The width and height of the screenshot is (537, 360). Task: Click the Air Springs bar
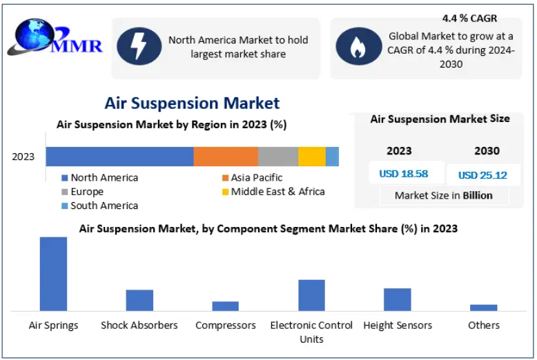pyautogui.click(x=53, y=274)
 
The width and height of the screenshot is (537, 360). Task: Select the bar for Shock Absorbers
pyautogui.click(x=139, y=301)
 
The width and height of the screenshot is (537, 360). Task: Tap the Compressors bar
pyautogui.click(x=225, y=306)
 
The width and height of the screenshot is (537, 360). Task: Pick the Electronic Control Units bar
pyautogui.click(x=312, y=295)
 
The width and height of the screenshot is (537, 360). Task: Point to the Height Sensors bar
pyautogui.click(x=398, y=300)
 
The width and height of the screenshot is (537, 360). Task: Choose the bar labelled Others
pyautogui.click(x=484, y=308)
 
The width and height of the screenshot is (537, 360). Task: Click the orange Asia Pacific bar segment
pyautogui.click(x=226, y=157)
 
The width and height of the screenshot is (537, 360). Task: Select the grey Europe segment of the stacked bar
pyautogui.click(x=278, y=157)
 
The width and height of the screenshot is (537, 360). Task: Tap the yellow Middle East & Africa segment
pyautogui.click(x=312, y=157)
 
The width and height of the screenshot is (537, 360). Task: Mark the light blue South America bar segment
pyautogui.click(x=332, y=157)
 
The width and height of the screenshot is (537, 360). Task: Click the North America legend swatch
pyautogui.click(x=64, y=178)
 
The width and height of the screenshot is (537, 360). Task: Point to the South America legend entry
pyautogui.click(x=99, y=206)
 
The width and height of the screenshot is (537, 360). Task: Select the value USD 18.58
pyautogui.click(x=404, y=174)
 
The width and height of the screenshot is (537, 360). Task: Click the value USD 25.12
pyautogui.click(x=482, y=175)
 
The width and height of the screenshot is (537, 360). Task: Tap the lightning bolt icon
pyautogui.click(x=139, y=46)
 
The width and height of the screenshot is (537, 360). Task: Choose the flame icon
pyautogui.click(x=358, y=46)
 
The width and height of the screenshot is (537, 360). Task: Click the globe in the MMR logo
pyautogui.click(x=35, y=35)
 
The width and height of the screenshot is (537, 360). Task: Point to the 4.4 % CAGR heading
pyautogui.click(x=469, y=18)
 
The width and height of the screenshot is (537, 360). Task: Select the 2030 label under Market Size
pyautogui.click(x=487, y=151)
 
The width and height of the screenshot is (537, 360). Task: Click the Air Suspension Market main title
pyautogui.click(x=192, y=103)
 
